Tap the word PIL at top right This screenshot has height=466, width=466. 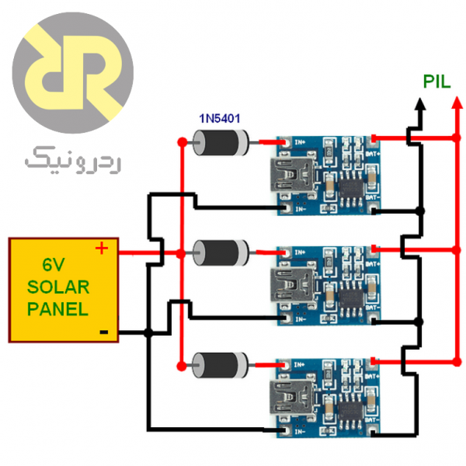coord(436,81)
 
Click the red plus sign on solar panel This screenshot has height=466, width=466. coord(101,249)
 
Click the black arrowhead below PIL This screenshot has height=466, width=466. coord(420,103)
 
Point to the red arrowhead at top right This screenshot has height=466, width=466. coord(454,103)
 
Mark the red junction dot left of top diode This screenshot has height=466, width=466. coord(181,142)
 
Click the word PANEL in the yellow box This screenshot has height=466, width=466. coord(58,308)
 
